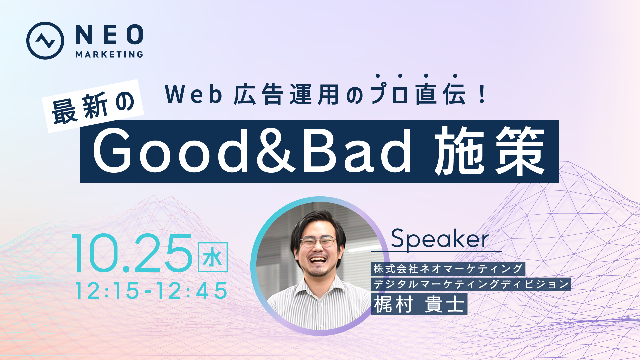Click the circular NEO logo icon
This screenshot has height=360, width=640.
pos(45,41)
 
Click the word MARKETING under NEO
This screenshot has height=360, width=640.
pos(109,54)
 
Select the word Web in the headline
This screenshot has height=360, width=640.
pos(194,95)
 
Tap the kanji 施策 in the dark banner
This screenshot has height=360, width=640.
pos(490,151)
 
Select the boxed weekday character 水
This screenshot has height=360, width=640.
pos(213,257)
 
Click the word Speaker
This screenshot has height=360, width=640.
pos(440,239)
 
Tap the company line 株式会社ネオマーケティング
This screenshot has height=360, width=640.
pos(448,269)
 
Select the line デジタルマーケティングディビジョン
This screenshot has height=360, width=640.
pos(471,284)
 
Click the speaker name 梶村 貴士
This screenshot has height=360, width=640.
pos(419,304)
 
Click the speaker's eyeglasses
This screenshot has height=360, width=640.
pos(318,241)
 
